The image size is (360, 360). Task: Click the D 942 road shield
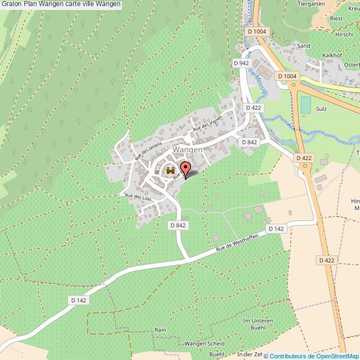pos(240,64)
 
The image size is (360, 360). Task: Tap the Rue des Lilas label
pos(137,197)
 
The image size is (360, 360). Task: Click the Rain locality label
pos(160,330)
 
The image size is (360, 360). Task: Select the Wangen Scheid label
pos(204,343)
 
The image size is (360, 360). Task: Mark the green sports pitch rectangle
pos(306,105)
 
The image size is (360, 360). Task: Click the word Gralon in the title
pos(12,4)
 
